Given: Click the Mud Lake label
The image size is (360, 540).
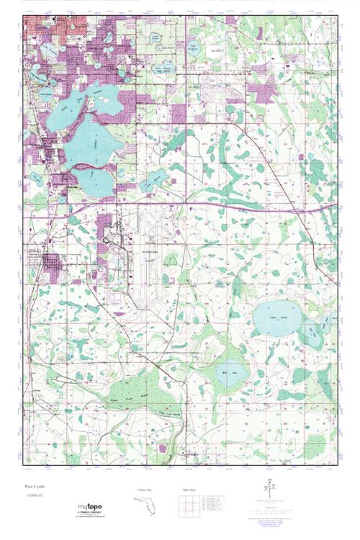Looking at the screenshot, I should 228,372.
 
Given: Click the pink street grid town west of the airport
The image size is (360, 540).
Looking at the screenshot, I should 53,264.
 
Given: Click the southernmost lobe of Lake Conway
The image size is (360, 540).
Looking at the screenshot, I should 94,180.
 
